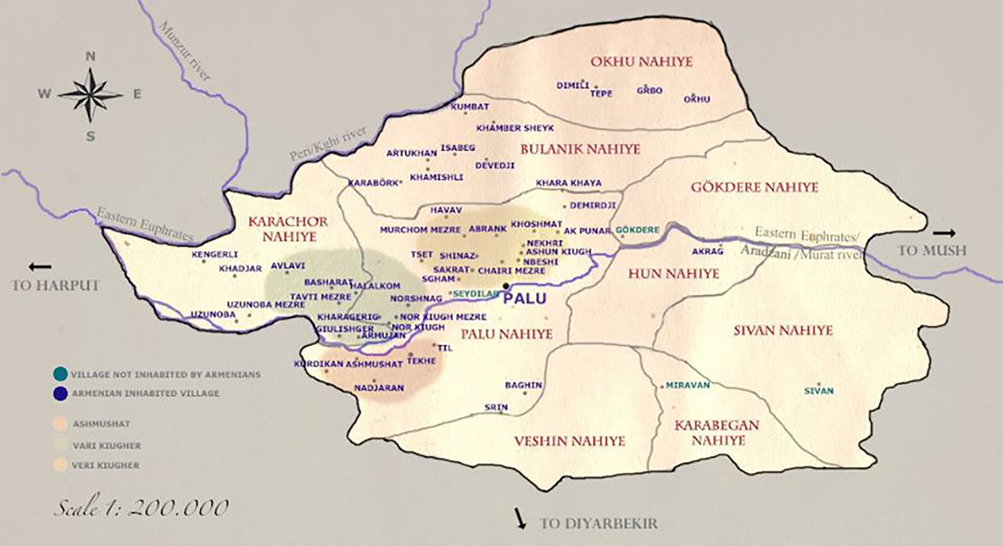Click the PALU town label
[524, 299]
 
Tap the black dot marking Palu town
[506, 286]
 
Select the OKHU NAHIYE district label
[641, 62]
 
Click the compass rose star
[90, 95]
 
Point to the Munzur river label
[184, 51]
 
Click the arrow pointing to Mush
[944, 233]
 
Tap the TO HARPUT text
[55, 285]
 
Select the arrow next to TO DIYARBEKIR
[520, 518]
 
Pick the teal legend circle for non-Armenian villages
[61, 374]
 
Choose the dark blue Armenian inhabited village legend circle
[61, 393]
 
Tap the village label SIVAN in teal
[819, 391]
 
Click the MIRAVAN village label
[687, 385]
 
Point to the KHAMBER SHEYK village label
[515, 128]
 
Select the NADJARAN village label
[379, 388]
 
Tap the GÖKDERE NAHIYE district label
[755, 187]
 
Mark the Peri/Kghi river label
[328, 144]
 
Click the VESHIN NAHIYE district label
[569, 441]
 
